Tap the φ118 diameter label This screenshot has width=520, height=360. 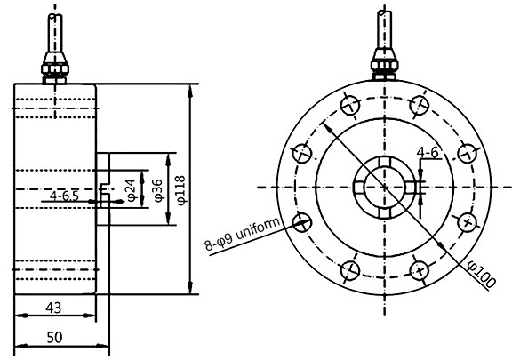pos(180,188)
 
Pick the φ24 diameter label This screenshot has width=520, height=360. pos(131,188)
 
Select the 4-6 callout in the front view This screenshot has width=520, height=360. pos(427,154)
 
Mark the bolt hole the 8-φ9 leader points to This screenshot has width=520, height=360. pos(301,221)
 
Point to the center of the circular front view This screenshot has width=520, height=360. pos(384,188)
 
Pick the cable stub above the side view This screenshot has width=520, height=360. pos(55,31)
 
